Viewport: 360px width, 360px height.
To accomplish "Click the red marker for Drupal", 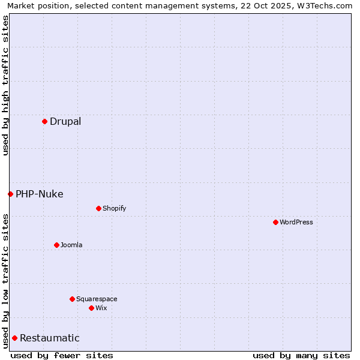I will coord(44,121).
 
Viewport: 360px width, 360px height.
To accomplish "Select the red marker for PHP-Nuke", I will coord(10,194).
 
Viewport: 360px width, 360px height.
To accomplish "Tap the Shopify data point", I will coord(98,208).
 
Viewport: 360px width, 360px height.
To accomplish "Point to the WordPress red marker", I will coord(275,222).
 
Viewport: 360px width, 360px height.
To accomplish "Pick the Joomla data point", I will coord(56,245).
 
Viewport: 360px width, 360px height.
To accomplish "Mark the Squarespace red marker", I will coord(72,299).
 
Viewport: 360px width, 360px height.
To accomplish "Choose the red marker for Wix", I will coord(91,308).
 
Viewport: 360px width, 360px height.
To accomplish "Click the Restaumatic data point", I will coord(14,338).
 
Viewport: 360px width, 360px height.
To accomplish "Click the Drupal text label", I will coord(65,121).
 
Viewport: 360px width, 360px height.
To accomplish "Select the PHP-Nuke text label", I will coord(40,194).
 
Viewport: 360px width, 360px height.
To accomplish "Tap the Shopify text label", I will coord(115,208).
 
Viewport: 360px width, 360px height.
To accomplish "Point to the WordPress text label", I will coord(296,222).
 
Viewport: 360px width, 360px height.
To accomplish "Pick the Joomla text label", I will coord(71,245).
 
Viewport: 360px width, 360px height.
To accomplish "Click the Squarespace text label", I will coord(97,299).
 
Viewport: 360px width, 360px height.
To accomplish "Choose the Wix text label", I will coord(101,308).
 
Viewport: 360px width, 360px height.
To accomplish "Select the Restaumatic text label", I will coord(50,338).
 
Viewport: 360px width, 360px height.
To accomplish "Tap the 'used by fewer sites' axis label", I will coord(62,355).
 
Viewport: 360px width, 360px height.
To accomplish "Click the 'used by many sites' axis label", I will coord(301,355).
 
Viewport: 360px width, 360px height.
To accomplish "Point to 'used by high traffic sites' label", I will coord(5,85).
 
